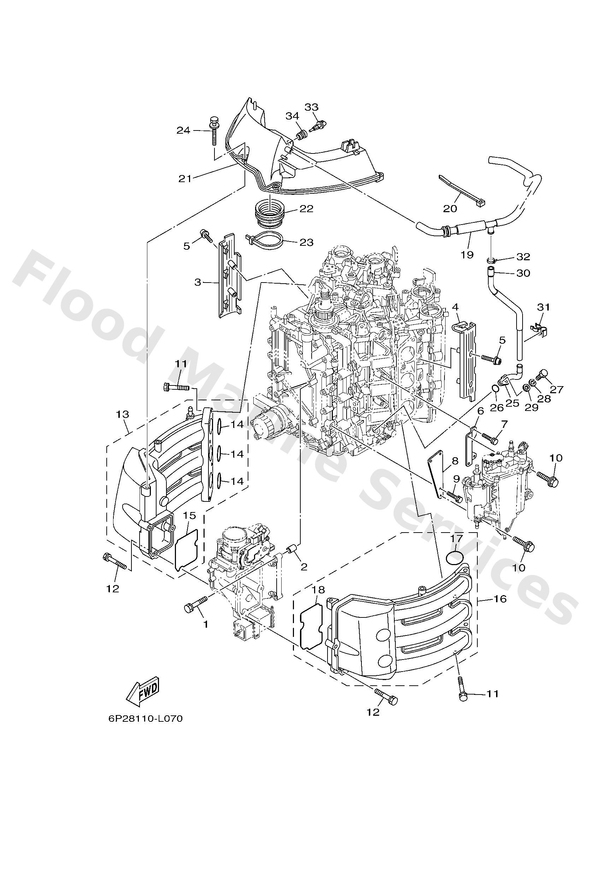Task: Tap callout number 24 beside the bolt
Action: click(x=183, y=130)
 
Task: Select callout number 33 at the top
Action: click(x=311, y=107)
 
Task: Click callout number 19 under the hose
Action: click(x=467, y=255)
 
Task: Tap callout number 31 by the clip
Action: click(x=543, y=307)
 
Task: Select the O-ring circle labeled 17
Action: click(x=455, y=557)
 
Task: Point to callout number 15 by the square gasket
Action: click(x=190, y=515)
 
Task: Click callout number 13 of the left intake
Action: click(x=123, y=414)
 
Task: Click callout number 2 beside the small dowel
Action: click(x=304, y=567)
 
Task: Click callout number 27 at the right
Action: click(x=556, y=389)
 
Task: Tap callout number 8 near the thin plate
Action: click(x=455, y=461)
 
